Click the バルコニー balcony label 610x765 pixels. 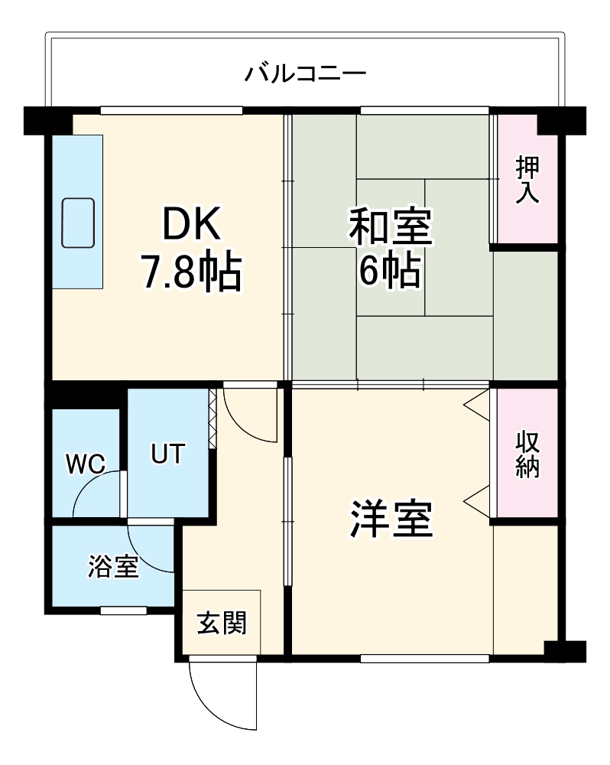[305, 74]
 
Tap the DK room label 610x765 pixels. [190, 224]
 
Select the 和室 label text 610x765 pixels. [391, 228]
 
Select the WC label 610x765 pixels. [85, 464]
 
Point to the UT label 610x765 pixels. [167, 454]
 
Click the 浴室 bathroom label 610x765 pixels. [113, 567]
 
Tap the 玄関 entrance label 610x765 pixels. [222, 623]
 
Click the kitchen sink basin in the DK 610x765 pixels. [78, 222]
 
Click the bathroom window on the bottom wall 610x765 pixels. [123, 610]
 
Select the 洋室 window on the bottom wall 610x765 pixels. [424, 657]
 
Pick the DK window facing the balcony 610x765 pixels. [171, 109]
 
